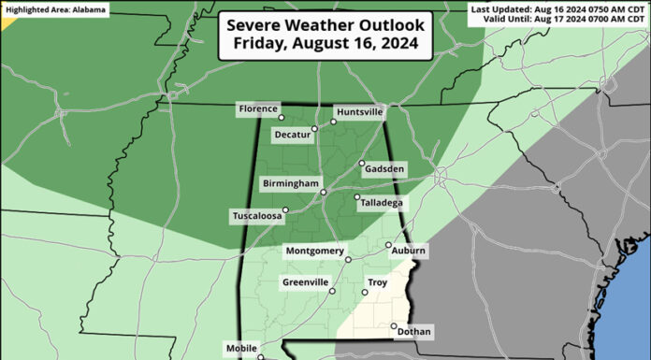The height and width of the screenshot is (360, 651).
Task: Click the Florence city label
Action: [x=258, y=109]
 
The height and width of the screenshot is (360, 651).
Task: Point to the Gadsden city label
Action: [x=386, y=168]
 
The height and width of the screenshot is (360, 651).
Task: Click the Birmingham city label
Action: [x=290, y=183]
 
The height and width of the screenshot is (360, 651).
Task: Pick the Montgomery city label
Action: [x=313, y=252]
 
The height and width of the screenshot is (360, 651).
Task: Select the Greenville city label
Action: [x=305, y=282]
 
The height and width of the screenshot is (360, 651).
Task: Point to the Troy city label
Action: [x=378, y=282]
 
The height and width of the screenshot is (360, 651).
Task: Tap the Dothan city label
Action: [x=414, y=332]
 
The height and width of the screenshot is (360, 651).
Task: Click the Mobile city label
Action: [x=241, y=349]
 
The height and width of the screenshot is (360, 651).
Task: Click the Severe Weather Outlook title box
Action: [x=325, y=35]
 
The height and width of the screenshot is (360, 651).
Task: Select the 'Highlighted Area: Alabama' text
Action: [x=54, y=9]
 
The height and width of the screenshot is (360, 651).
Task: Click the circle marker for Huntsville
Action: [x=333, y=122]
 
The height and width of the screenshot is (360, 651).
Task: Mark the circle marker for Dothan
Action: [x=393, y=325]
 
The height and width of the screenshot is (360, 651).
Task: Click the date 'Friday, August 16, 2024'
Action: [x=325, y=44]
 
